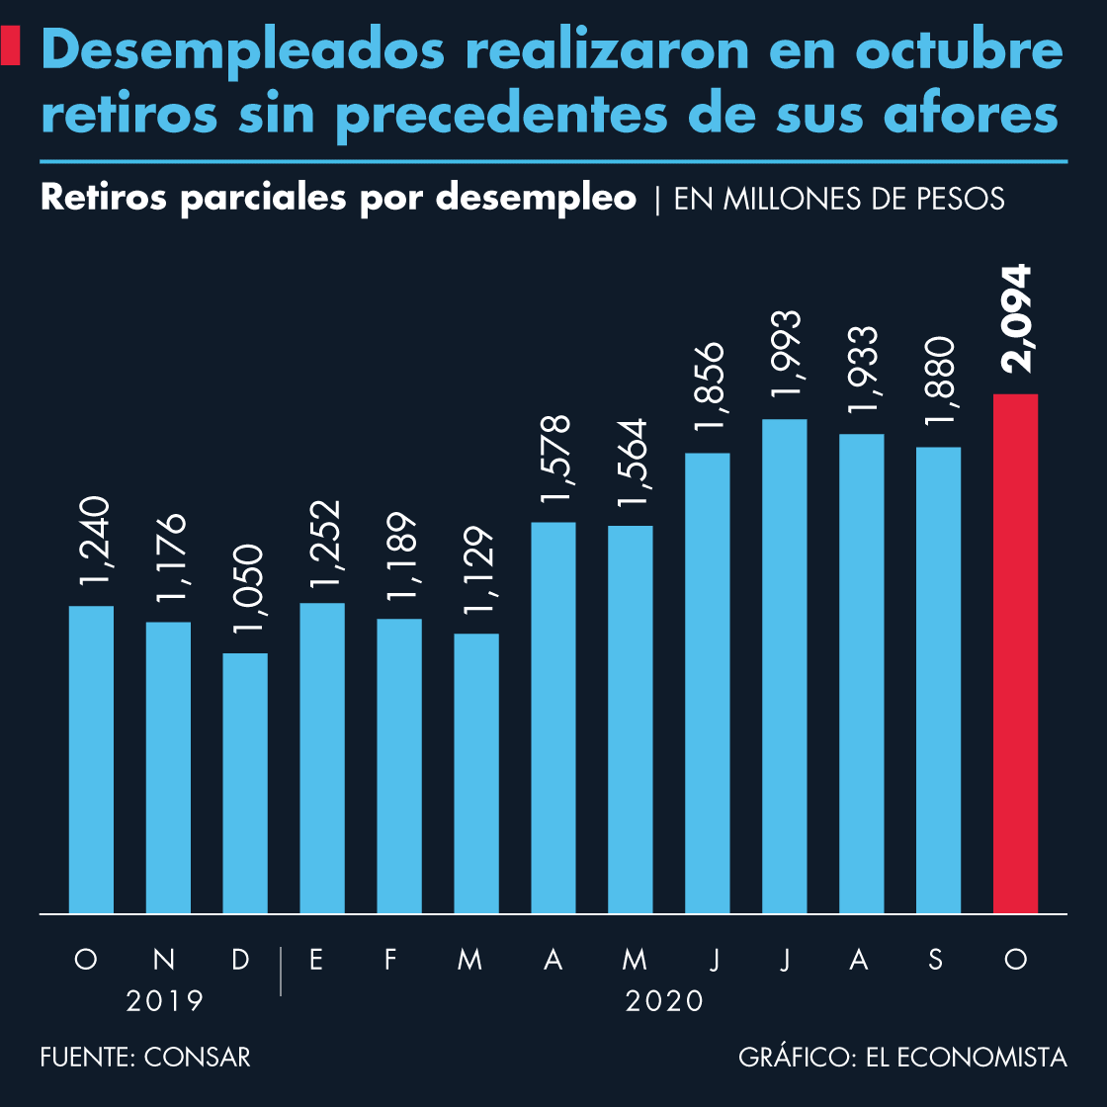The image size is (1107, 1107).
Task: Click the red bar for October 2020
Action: click(x=1015, y=652)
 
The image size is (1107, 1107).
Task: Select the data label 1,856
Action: click(x=709, y=388)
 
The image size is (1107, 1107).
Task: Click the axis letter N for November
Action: click(x=165, y=959)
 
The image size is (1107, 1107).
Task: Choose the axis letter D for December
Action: click(x=241, y=959)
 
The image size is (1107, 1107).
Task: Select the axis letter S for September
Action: click(x=936, y=959)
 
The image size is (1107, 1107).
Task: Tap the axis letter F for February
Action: click(x=391, y=959)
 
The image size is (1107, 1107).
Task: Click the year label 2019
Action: click(x=165, y=1001)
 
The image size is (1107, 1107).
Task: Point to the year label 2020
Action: click(x=665, y=1001)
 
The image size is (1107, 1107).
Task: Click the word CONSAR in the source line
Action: click(x=198, y=1057)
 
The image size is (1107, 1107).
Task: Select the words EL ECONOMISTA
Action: click(x=966, y=1057)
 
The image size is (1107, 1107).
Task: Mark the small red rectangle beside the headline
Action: click(x=11, y=46)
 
